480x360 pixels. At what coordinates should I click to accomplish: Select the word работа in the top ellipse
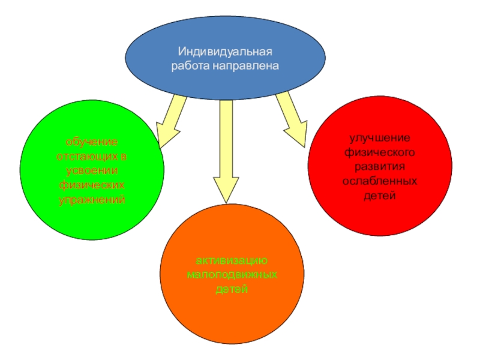189,65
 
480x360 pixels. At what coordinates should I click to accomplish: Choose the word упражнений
92,199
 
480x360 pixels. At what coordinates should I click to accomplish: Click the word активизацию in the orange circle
232,262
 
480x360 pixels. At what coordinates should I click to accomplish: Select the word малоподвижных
232,275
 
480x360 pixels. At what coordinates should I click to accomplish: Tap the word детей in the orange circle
232,290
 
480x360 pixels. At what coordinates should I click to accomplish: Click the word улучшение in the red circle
380,139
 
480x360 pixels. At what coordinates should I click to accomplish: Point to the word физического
380,152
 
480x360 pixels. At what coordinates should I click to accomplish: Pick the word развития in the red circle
380,167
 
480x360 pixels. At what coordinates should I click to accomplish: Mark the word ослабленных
380,181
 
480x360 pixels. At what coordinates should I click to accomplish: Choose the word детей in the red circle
380,195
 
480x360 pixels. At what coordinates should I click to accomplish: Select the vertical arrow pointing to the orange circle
226,150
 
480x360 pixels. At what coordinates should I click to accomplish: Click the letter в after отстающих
124,156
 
